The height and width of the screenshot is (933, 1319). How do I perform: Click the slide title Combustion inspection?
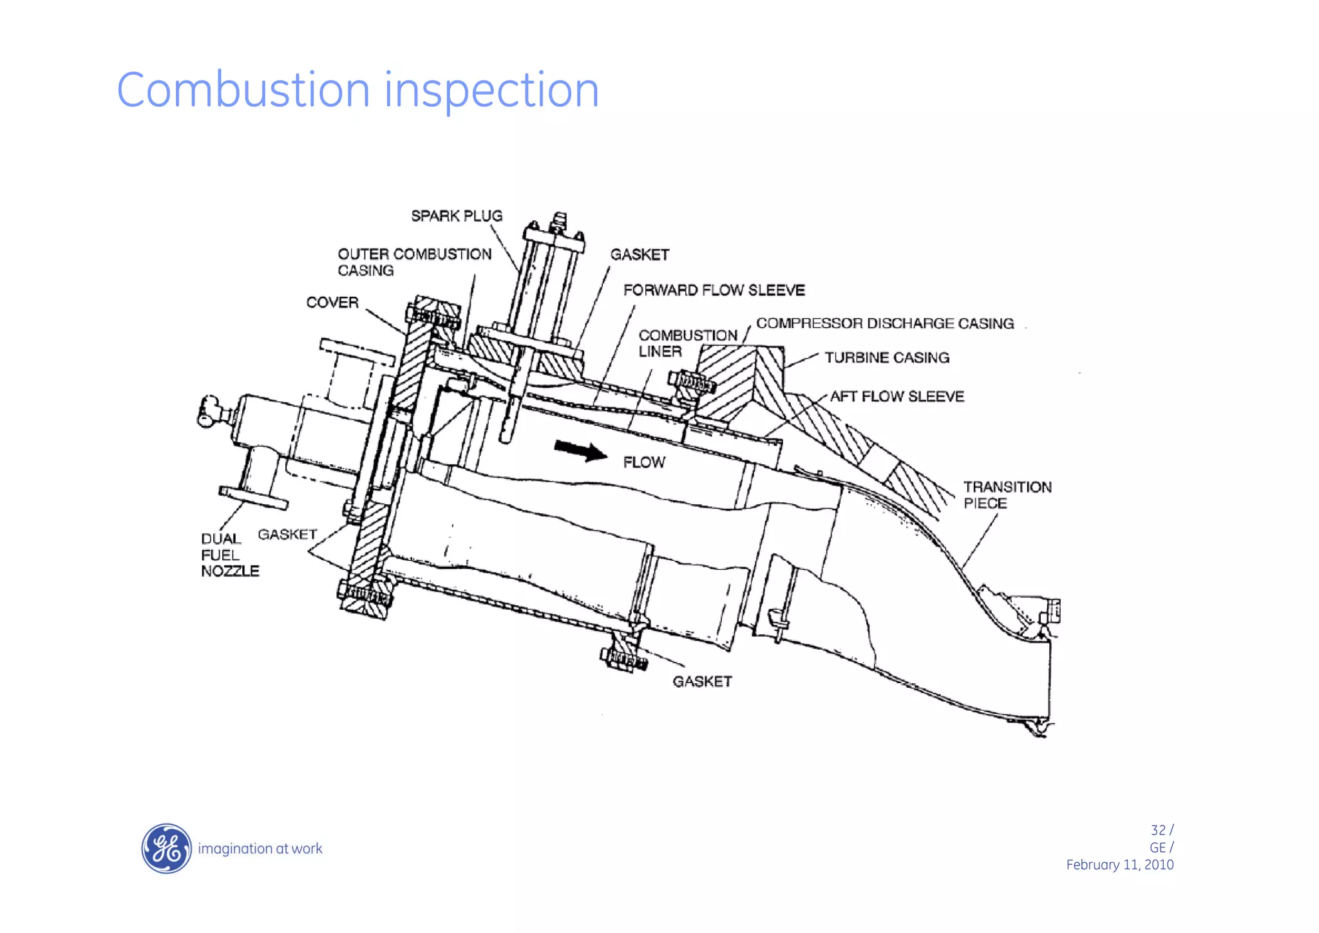pyautogui.click(x=357, y=90)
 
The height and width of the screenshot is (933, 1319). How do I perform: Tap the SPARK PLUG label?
pyautogui.click(x=457, y=216)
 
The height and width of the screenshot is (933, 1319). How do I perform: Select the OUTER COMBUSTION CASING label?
pyautogui.click(x=414, y=262)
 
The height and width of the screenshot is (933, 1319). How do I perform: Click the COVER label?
pyautogui.click(x=332, y=303)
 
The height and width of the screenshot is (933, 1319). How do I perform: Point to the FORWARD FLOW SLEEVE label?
pyautogui.click(x=714, y=290)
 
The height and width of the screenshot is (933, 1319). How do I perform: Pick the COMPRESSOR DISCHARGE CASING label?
pyautogui.click(x=885, y=323)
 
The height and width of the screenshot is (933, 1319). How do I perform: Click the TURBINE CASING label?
pyautogui.click(x=887, y=358)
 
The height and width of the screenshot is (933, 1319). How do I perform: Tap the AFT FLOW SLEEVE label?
pyautogui.click(x=897, y=397)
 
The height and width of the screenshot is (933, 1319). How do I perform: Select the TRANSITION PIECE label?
pyautogui.click(x=1007, y=495)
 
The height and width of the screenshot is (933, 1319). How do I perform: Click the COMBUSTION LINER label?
pyautogui.click(x=687, y=343)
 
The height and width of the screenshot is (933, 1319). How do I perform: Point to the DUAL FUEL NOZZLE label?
pyautogui.click(x=229, y=555)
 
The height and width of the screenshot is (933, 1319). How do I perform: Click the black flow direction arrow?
pyautogui.click(x=580, y=450)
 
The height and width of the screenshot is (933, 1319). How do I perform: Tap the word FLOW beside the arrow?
pyautogui.click(x=644, y=462)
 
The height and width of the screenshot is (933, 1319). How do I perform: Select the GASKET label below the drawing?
pyautogui.click(x=702, y=681)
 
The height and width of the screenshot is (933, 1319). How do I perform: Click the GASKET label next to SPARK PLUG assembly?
pyautogui.click(x=640, y=255)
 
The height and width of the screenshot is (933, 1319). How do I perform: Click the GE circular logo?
pyautogui.click(x=166, y=848)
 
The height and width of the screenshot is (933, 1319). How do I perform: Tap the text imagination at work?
pyautogui.click(x=260, y=849)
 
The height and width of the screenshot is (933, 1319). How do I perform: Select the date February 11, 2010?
pyautogui.click(x=1119, y=865)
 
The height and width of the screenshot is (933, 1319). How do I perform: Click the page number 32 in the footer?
pyautogui.click(x=1157, y=830)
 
